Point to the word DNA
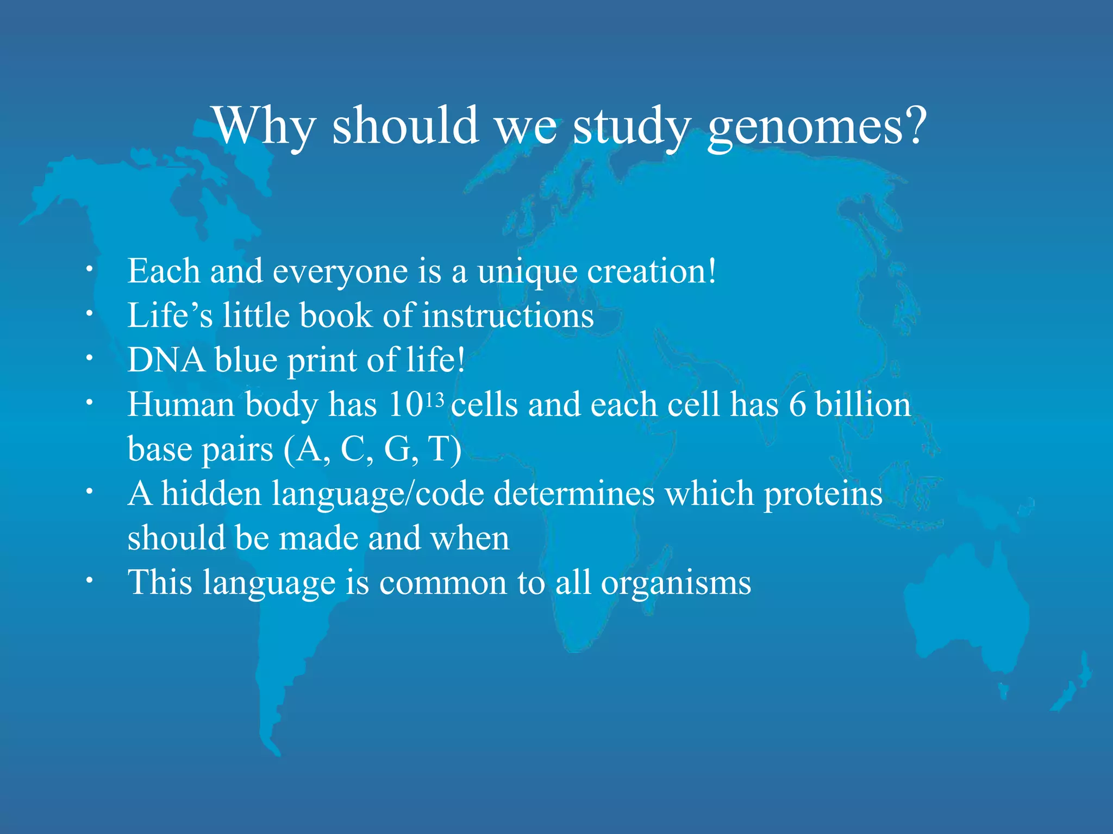pos(166,361)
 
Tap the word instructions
pos(508,316)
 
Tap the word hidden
pos(211,494)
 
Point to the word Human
pos(181,405)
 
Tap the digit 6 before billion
pos(797,405)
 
